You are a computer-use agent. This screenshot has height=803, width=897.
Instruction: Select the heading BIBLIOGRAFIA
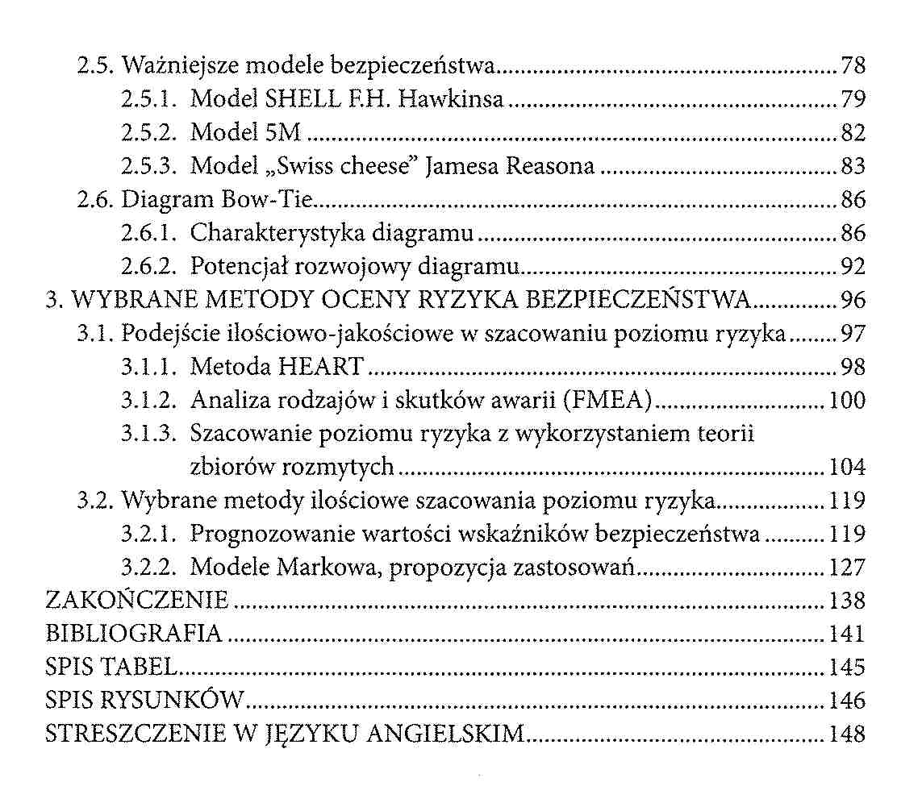134,633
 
